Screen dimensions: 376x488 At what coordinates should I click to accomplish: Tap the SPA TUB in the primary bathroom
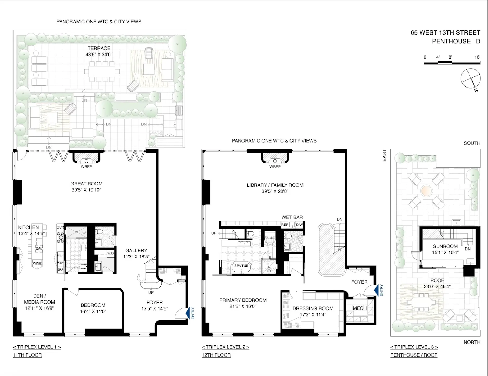[241, 266]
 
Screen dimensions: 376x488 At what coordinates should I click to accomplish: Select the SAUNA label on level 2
[270, 238]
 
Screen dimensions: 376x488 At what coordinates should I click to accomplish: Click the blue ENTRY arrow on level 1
[187, 313]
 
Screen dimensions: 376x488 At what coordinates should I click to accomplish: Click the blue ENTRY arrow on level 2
[376, 290]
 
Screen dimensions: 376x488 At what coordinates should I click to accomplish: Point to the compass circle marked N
[470, 78]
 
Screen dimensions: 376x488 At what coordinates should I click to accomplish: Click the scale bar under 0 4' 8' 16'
[452, 63]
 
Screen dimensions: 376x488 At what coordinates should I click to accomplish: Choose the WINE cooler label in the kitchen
[37, 263]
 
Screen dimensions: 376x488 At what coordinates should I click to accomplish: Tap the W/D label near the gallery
[110, 253]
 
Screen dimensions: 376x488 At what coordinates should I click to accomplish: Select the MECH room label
[360, 308]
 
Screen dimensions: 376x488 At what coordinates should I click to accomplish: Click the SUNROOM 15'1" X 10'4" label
[445, 249]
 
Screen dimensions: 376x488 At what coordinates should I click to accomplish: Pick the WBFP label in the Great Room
[86, 167]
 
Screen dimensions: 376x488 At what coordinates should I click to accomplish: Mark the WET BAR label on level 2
[292, 217]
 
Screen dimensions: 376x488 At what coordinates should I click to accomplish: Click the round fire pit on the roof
[426, 191]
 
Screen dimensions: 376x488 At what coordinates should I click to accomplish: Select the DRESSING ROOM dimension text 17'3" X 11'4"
[313, 314]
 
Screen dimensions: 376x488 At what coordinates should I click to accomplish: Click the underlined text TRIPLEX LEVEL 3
[414, 347]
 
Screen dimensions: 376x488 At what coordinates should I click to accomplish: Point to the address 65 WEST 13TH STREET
[445, 33]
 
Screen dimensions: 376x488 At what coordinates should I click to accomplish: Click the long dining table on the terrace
[102, 71]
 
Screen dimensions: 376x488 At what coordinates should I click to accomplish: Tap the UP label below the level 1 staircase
[151, 292]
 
